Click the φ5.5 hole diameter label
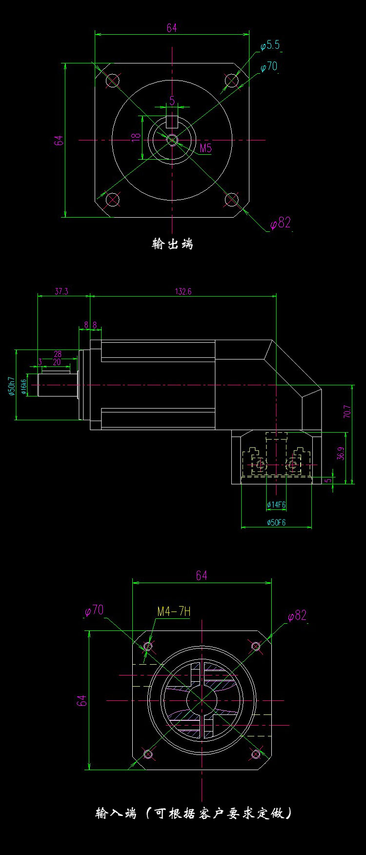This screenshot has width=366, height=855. pyautogui.click(x=270, y=45)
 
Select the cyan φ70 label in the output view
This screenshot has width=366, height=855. pyautogui.click(x=268, y=66)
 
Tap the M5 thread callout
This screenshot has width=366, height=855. pyautogui.click(x=205, y=148)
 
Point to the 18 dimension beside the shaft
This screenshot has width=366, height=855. pyautogui.click(x=136, y=137)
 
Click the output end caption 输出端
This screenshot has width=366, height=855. pyautogui.click(x=172, y=244)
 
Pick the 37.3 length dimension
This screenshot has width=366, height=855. pyautogui.click(x=61, y=291)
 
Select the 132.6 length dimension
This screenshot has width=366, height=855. pyautogui.click(x=183, y=291)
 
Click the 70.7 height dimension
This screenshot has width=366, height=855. pyautogui.click(x=347, y=411)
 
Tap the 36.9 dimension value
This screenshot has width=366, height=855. pyautogui.click(x=341, y=453)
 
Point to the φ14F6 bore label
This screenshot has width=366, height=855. pyautogui.click(x=276, y=505)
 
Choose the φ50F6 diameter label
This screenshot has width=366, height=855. pyautogui.click(x=276, y=522)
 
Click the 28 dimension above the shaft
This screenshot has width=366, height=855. pyautogui.click(x=58, y=354)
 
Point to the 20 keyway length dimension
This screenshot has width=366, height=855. pyautogui.click(x=57, y=362)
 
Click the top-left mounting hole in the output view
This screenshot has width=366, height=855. pyautogui.click(x=113, y=80)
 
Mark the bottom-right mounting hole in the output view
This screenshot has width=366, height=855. pyautogui.click(x=231, y=199)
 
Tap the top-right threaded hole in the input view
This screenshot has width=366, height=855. pyautogui.click(x=256, y=647)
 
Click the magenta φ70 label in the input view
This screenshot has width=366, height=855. pyautogui.click(x=94, y=610)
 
